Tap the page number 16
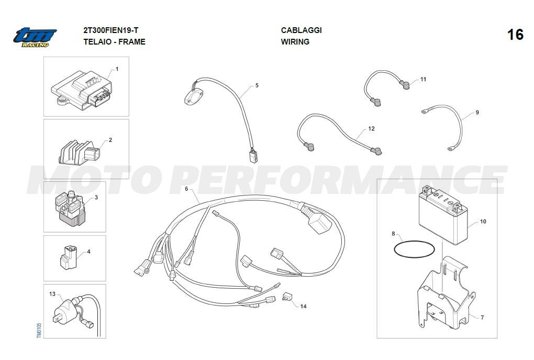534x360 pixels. tap(515, 35)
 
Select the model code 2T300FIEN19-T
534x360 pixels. tap(111, 30)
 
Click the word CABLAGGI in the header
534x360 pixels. tap(302, 30)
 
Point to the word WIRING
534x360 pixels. tap(295, 41)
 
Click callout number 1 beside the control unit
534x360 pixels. tap(117, 69)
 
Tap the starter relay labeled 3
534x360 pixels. tap(70, 208)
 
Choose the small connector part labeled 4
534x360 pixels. tap(69, 257)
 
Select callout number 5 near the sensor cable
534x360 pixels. tap(257, 85)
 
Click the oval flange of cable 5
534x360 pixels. tap(194, 97)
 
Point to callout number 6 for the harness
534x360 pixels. tap(186, 189)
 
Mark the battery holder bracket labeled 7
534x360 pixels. tap(446, 293)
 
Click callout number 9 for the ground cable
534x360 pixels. tap(477, 113)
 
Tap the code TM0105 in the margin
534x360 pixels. tap(39, 331)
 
